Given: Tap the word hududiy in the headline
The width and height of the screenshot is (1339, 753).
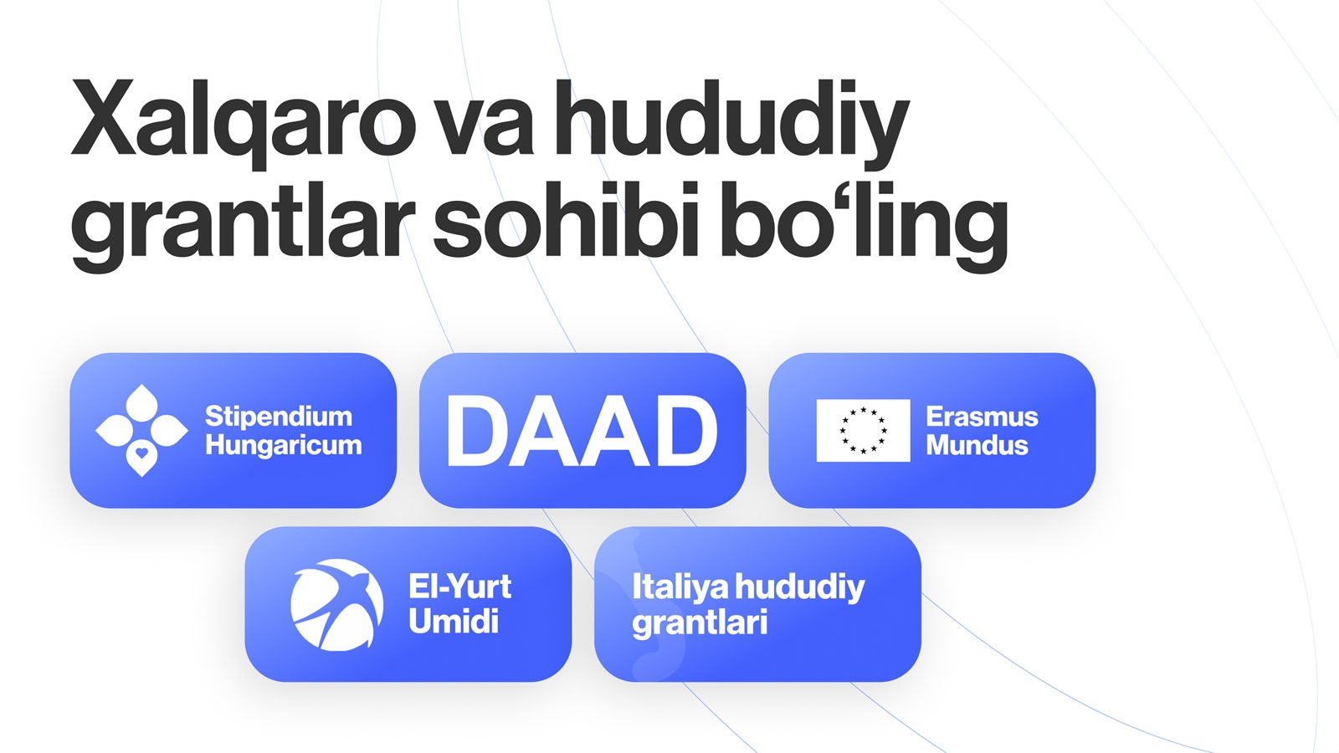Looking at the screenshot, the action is (x=731, y=122).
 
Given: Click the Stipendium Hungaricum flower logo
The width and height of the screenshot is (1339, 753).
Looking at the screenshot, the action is (x=141, y=430).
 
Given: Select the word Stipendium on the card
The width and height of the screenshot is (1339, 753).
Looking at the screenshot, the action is (x=279, y=417).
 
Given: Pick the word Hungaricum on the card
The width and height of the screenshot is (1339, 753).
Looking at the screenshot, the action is (x=284, y=446).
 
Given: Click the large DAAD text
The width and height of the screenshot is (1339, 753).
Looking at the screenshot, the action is (x=582, y=431).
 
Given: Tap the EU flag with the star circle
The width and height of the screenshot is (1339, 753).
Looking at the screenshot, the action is (x=863, y=430).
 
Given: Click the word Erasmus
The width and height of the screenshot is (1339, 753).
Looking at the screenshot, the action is (x=982, y=417).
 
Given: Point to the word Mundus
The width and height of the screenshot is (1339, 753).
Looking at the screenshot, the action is (x=977, y=445).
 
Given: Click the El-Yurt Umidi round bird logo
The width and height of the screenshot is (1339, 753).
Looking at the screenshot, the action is (x=337, y=605).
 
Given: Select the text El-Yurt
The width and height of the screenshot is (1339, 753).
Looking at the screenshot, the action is (x=459, y=587).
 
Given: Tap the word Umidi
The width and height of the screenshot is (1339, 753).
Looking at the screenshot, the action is (x=453, y=621).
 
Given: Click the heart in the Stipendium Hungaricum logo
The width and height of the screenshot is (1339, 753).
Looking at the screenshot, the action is (x=141, y=453).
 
